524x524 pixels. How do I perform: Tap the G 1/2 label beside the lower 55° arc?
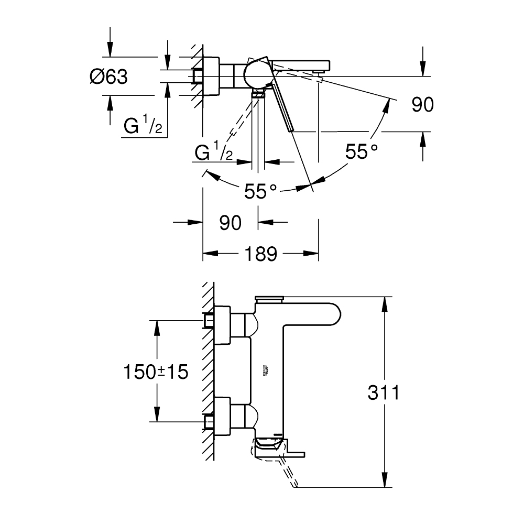(214, 152)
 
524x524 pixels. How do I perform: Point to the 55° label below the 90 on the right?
(361, 152)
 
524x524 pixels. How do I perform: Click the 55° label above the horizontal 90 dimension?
(260, 192)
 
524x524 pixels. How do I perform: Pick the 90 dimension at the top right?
(422, 105)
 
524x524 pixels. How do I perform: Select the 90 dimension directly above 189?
(231, 223)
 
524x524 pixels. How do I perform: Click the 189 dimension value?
(260, 254)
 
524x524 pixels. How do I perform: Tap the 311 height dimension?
(383, 392)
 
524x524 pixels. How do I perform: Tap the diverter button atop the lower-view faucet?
(268, 299)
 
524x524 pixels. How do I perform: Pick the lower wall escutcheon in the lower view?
(222, 416)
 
